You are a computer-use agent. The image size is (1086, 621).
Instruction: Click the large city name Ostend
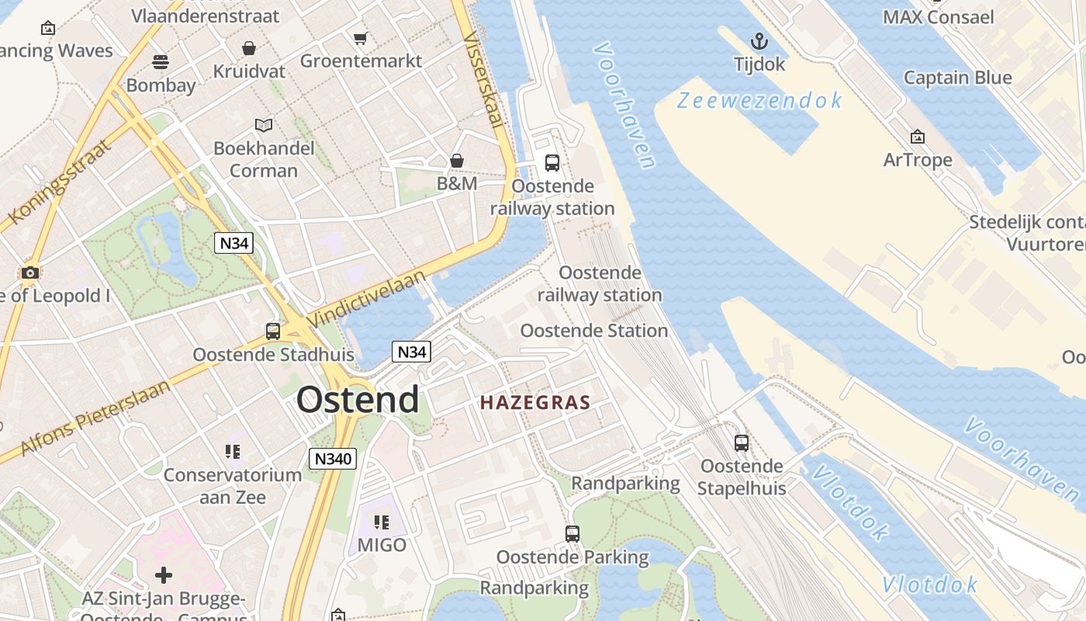(358, 400)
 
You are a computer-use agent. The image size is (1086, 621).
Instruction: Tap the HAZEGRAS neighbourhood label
(535, 403)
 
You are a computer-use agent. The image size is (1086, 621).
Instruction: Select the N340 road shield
(333, 459)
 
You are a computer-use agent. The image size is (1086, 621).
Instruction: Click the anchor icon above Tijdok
(759, 41)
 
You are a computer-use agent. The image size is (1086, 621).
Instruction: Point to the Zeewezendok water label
(759, 100)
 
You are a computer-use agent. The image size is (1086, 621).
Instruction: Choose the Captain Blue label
(957, 78)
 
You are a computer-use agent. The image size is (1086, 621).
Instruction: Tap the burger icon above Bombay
(161, 61)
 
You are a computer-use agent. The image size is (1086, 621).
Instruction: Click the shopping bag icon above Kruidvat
(249, 49)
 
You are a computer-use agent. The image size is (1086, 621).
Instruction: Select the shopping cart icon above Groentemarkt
(360, 38)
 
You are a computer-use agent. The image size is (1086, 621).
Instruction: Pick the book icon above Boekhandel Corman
(264, 125)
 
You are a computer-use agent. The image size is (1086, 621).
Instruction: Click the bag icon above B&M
(457, 161)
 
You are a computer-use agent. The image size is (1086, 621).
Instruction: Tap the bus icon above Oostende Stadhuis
(273, 331)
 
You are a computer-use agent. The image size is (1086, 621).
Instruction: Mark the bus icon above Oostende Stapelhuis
(742, 443)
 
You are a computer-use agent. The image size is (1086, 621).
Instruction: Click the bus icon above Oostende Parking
(572, 534)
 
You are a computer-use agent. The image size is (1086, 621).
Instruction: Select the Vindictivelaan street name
(367, 298)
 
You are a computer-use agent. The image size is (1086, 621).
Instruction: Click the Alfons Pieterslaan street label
(95, 418)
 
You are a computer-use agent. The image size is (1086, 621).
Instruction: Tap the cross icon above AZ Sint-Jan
(164, 575)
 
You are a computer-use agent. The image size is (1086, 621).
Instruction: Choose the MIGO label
(382, 545)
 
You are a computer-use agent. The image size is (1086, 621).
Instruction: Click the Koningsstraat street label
(59, 181)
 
